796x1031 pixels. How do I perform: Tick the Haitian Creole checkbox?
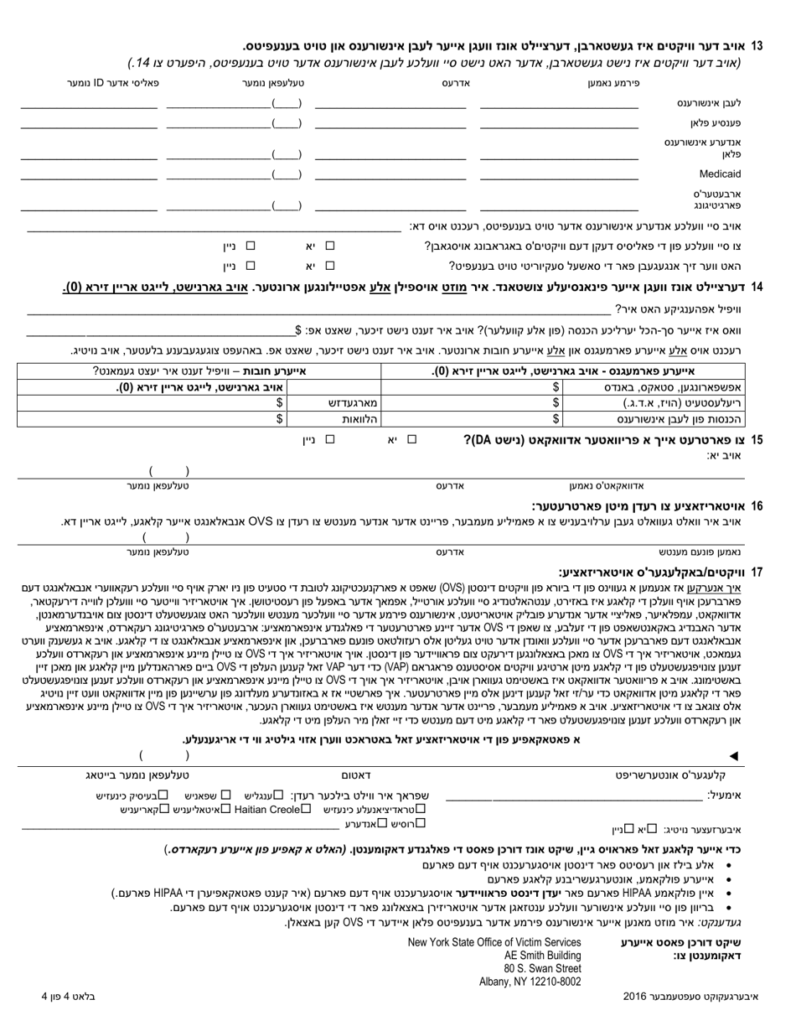coord(307,809)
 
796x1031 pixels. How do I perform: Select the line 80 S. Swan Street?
coord(542,968)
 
